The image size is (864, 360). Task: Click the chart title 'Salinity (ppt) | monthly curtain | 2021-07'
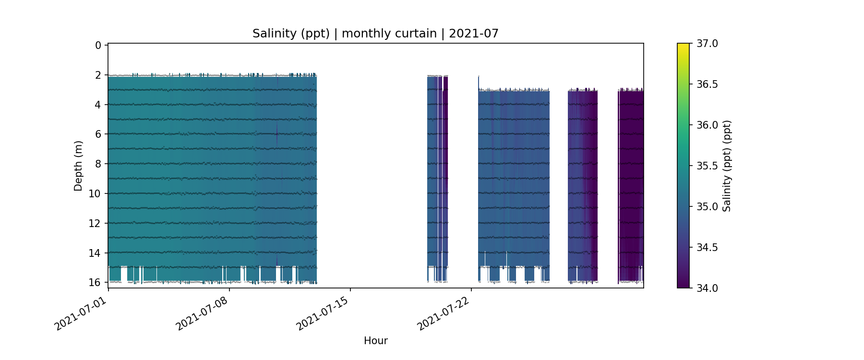click(375, 34)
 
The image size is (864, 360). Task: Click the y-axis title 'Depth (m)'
click(78, 166)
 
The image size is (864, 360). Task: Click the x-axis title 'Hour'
click(375, 341)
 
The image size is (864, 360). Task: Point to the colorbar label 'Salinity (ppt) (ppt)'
click(727, 166)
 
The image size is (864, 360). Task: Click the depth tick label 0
click(98, 46)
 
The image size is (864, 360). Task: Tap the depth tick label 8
click(98, 164)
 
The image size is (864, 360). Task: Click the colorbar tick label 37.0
click(707, 44)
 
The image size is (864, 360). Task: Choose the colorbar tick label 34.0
click(707, 288)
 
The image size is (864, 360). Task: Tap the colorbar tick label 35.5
click(707, 166)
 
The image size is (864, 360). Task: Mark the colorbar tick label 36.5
click(707, 84)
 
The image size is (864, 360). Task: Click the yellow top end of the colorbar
click(683, 46)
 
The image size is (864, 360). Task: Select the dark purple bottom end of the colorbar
click(683, 286)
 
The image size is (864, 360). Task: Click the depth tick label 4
click(98, 105)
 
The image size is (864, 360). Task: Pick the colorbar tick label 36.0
click(707, 125)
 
